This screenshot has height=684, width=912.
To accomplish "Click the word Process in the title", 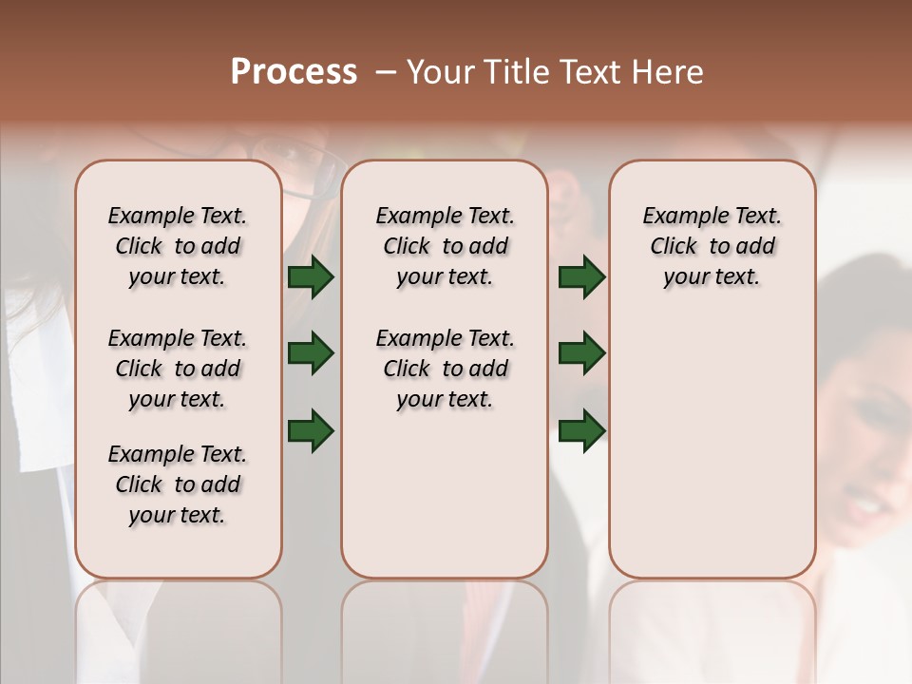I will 294,72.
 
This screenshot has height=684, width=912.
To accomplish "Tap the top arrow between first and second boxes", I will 311,276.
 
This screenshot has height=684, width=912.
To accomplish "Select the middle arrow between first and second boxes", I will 311,354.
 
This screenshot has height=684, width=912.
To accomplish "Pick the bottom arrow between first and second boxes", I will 311,430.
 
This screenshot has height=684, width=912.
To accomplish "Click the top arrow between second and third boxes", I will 581,276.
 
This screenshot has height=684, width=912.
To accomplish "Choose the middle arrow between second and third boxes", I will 581,354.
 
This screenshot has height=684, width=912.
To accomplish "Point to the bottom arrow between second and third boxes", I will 581,430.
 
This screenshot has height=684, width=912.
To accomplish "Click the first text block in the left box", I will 178,246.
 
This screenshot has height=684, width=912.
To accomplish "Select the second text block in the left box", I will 178,369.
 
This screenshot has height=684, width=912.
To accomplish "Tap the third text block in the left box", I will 178,484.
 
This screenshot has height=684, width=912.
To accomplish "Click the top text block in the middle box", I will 445,246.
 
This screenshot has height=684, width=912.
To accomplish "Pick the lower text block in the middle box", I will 445,369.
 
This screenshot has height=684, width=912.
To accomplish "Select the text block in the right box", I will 712,246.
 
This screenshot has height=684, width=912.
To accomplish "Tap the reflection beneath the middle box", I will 445,617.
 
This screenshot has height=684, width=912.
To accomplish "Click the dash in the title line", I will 386,72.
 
